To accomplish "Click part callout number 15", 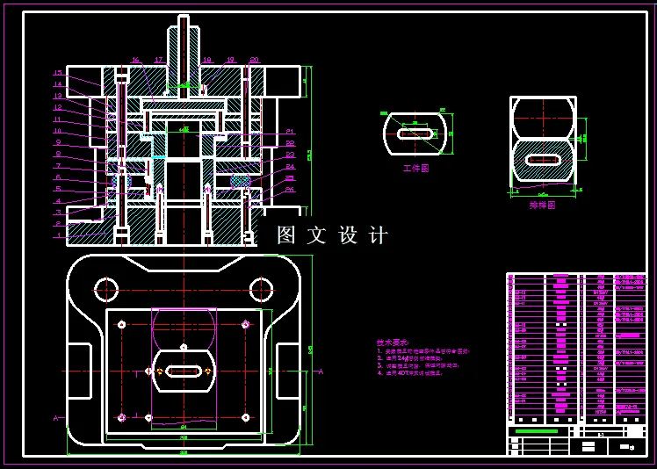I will pyautogui.click(x=58, y=73).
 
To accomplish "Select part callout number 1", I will pyautogui.click(x=58, y=235).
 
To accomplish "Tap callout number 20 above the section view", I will pyautogui.click(x=254, y=61).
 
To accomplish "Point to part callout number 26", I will pyautogui.click(x=290, y=190).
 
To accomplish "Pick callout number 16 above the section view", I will pyautogui.click(x=136, y=61).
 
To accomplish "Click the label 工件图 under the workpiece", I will pyautogui.click(x=415, y=168).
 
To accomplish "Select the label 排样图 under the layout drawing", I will pyautogui.click(x=542, y=205).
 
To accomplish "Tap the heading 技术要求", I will pyautogui.click(x=392, y=343).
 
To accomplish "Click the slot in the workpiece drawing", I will pyautogui.click(x=415, y=134).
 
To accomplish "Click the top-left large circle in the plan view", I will pyautogui.click(x=106, y=289).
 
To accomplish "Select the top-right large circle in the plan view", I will pyautogui.click(x=261, y=289).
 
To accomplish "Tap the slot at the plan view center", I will pyautogui.click(x=184, y=372).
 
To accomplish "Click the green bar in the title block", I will pyautogui.click(x=536, y=431).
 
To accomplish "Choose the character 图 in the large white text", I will pyautogui.click(x=286, y=235).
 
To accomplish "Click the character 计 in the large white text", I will pyautogui.click(x=379, y=235).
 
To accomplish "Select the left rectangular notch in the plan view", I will pyautogui.click(x=79, y=371).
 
